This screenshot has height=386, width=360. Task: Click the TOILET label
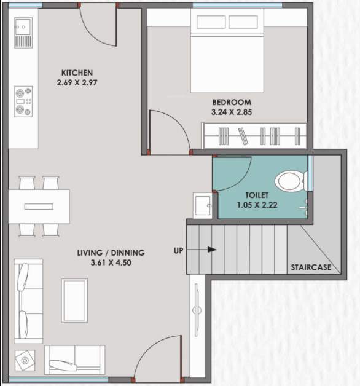point(257,194)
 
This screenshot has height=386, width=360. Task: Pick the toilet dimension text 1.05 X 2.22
point(257,205)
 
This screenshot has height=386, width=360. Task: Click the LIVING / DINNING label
point(111,252)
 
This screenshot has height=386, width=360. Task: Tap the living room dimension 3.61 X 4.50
point(111,262)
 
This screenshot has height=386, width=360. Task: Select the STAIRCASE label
point(311,267)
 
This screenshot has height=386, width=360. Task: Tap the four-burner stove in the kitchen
point(23,101)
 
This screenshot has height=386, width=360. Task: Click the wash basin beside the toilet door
point(202,205)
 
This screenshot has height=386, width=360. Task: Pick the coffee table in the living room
point(74,300)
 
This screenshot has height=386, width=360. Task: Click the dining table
point(38,206)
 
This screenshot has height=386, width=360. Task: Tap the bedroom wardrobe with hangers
point(254,135)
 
